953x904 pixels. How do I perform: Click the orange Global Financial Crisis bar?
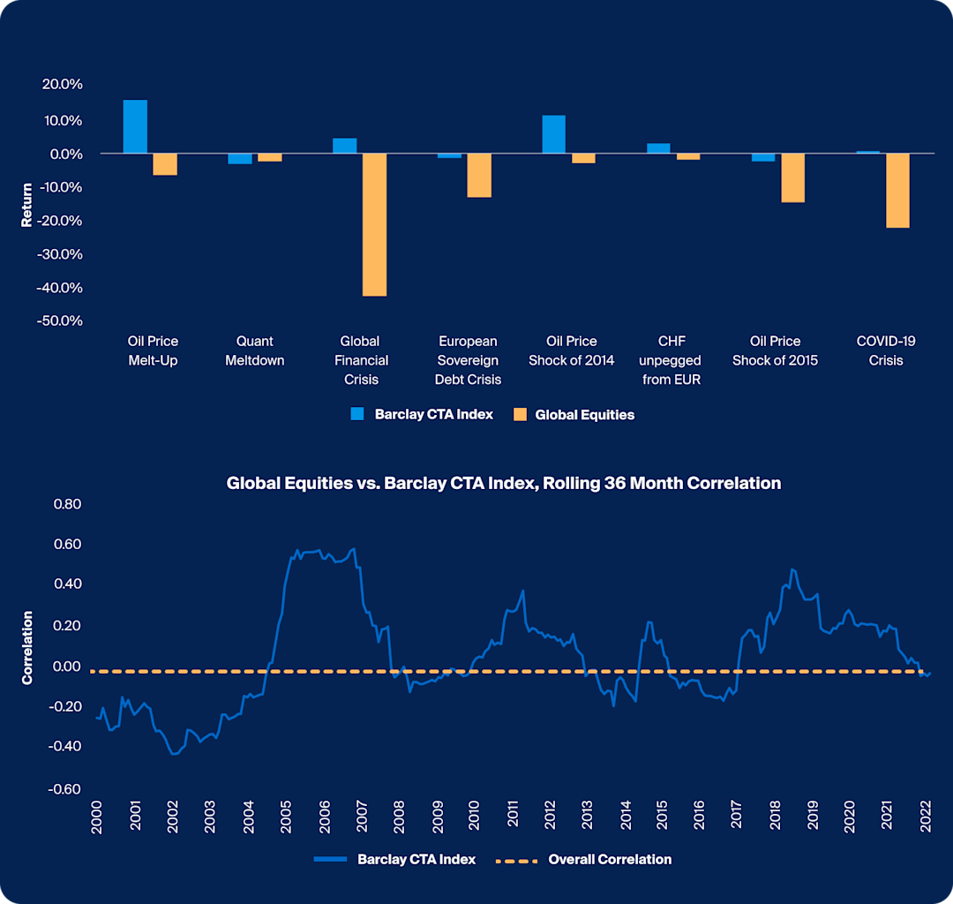point(374,224)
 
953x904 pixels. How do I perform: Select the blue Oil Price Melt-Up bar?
point(135,126)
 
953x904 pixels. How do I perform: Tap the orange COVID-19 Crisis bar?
point(897,190)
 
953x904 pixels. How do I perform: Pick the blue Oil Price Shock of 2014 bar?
point(553,134)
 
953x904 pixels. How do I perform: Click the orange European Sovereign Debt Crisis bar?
point(478,175)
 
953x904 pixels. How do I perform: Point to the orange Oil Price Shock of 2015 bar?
point(792,177)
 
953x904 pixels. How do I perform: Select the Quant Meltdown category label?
point(254,350)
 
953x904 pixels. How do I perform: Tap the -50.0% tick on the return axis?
point(61,320)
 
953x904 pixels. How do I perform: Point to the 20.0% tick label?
point(63,85)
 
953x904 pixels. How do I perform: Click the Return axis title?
point(26,205)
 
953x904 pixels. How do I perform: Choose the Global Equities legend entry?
point(574,414)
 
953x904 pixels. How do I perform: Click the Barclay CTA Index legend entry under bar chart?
point(422,414)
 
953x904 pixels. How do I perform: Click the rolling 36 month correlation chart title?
point(503,483)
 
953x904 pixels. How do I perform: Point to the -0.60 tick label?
point(64,789)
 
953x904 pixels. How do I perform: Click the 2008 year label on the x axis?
point(399,814)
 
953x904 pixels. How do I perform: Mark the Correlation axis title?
point(26,647)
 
